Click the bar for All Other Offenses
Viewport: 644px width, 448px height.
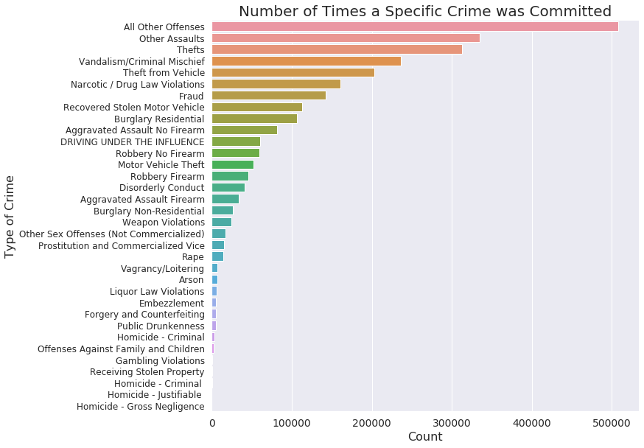[x=415, y=27]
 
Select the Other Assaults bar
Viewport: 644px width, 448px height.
[x=346, y=38]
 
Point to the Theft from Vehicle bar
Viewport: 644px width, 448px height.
[x=293, y=73]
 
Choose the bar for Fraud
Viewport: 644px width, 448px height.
[x=269, y=96]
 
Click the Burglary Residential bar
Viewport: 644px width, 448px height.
[x=254, y=119]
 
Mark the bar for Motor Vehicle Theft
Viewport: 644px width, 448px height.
[x=233, y=164]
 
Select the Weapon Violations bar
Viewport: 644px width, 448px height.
[x=222, y=222]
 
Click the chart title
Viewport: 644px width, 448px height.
[x=425, y=11]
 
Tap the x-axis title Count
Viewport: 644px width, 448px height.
[x=425, y=437]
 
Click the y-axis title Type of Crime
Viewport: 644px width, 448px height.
[x=10, y=216]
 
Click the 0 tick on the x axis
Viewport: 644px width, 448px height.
[x=212, y=422]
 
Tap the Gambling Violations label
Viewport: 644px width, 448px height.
[x=160, y=360]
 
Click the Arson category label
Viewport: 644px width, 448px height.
[x=192, y=280]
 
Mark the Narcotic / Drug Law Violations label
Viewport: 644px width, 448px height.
[x=138, y=84]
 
